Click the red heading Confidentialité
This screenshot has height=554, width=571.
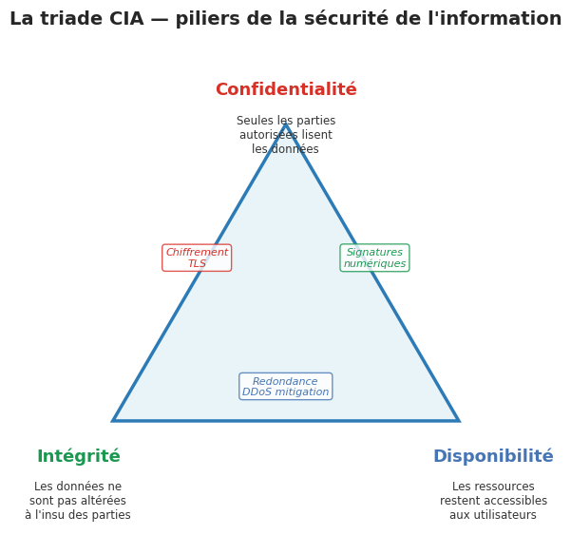click(x=286, y=90)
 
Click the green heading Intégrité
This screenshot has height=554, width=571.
click(x=79, y=457)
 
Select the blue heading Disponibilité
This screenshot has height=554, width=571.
click(x=493, y=457)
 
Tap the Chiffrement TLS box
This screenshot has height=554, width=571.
click(x=197, y=258)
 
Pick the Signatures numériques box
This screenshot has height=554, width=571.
click(x=374, y=258)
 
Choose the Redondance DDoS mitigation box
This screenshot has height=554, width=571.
click(x=286, y=387)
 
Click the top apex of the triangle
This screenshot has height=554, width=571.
click(x=286, y=125)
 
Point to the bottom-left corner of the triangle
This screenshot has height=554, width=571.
click(x=114, y=420)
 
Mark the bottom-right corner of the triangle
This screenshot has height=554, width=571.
click(x=458, y=420)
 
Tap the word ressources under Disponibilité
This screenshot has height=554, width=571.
click(x=507, y=487)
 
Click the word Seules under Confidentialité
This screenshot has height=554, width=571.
click(x=255, y=121)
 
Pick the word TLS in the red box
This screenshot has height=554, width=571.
click(x=197, y=264)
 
